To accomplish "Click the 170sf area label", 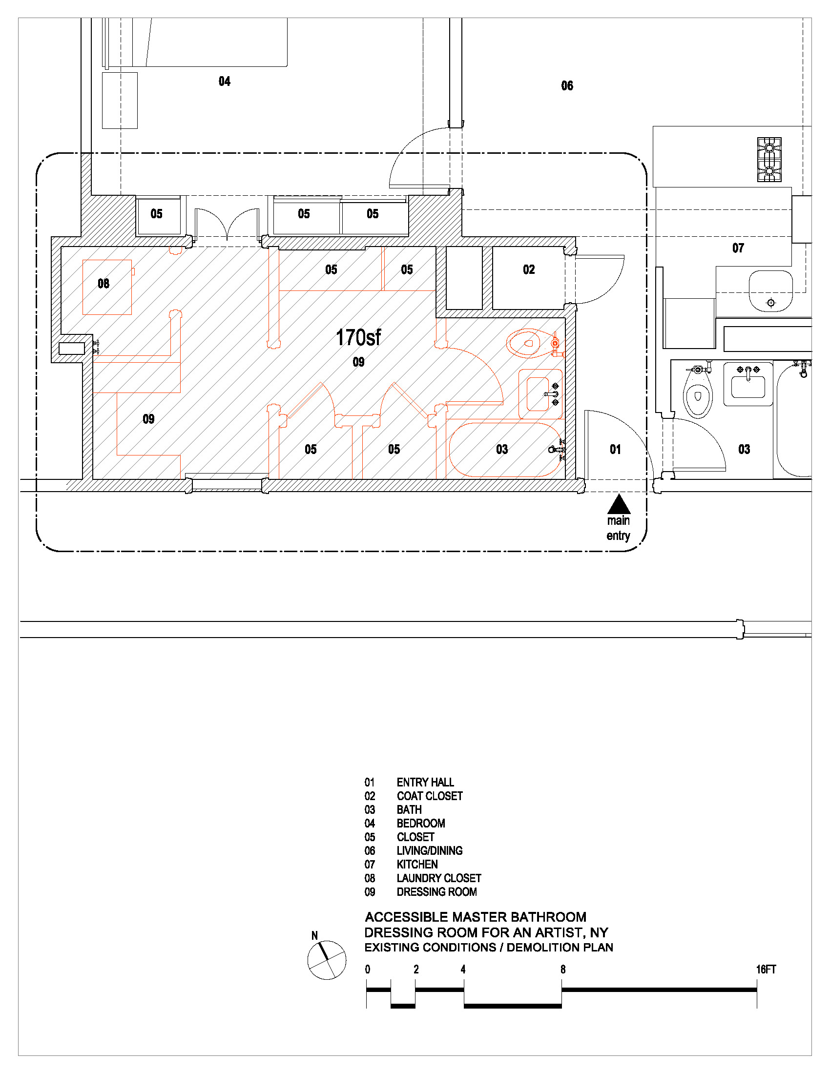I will pyautogui.click(x=358, y=338).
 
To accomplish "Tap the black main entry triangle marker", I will pyautogui.click(x=619, y=505).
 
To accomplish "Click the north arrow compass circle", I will pyautogui.click(x=327, y=960).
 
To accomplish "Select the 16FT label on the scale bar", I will pyautogui.click(x=766, y=969).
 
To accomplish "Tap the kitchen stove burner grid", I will pyautogui.click(x=769, y=160).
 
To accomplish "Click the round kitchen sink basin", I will pyautogui.click(x=770, y=291).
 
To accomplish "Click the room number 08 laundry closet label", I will pyautogui.click(x=103, y=284).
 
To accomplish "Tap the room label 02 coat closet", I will pyautogui.click(x=529, y=269).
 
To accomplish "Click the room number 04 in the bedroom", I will pyautogui.click(x=224, y=82).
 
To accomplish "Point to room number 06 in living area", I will pyautogui.click(x=567, y=86).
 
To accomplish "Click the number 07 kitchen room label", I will pyautogui.click(x=738, y=248).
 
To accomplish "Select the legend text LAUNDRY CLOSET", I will pyautogui.click(x=438, y=878).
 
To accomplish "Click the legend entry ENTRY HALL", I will pyautogui.click(x=425, y=782).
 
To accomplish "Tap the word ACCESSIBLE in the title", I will pyautogui.click(x=406, y=917).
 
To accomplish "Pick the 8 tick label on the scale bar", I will pyautogui.click(x=562, y=969).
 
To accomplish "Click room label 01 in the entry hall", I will pyautogui.click(x=615, y=450).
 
